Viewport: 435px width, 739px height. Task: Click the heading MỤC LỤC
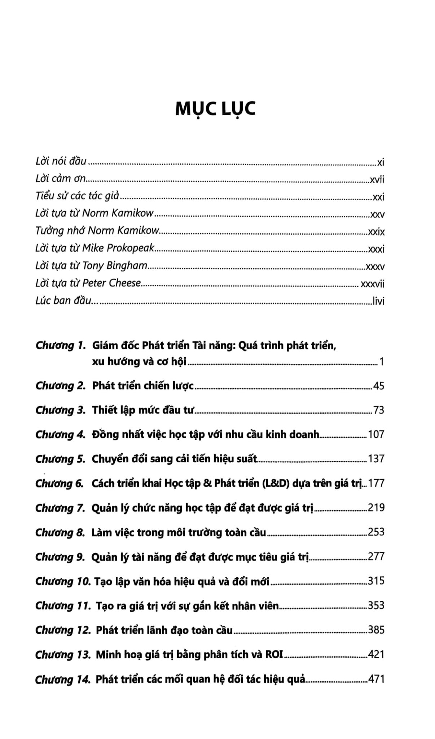(215, 109)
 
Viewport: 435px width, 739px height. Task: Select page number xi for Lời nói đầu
(381, 162)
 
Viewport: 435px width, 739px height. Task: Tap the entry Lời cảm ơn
(61, 179)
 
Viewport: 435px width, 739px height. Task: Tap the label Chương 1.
(60, 346)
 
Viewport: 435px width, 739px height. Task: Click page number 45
(378, 386)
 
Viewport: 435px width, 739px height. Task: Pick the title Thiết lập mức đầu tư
(143, 410)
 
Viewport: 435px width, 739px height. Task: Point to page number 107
(376, 434)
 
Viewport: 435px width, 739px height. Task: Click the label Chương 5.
(60, 459)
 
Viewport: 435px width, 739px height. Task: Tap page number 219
(376, 508)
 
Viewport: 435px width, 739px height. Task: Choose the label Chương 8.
(60, 533)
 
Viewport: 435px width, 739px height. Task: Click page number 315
(376, 581)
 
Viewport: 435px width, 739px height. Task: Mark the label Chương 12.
(63, 630)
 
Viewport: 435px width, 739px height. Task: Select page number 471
(376, 679)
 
